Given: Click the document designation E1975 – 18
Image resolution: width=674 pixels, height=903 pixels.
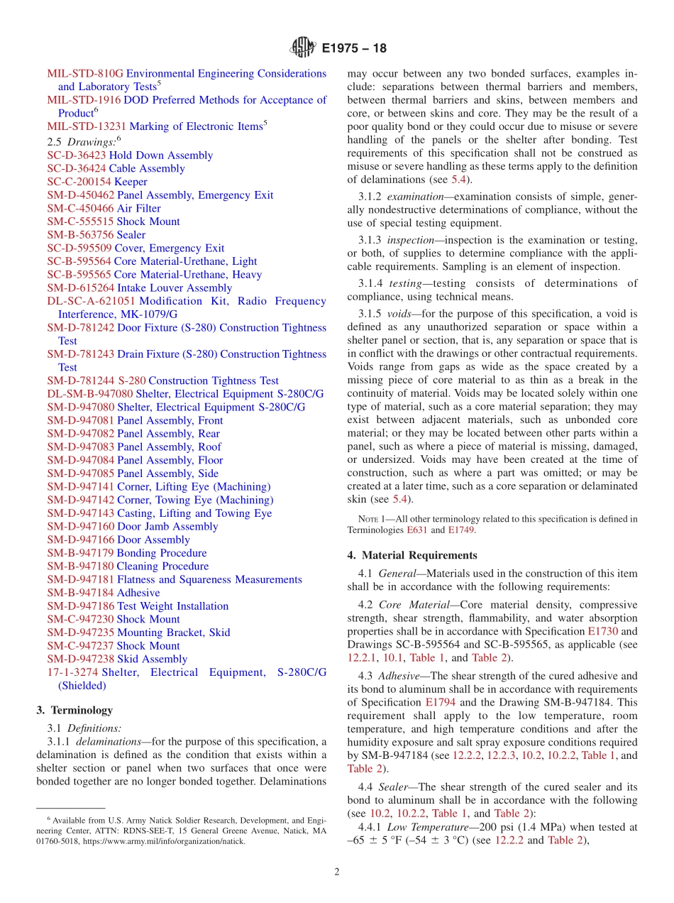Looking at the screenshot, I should coord(354,49).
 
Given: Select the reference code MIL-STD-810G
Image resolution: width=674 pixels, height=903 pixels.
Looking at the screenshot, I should coord(85,73).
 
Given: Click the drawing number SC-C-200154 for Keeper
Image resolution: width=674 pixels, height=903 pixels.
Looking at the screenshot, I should coord(79,182).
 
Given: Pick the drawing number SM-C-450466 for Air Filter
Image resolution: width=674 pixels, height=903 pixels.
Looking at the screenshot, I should coord(80,208).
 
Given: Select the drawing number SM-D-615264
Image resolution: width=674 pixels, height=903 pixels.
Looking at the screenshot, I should coord(80,288).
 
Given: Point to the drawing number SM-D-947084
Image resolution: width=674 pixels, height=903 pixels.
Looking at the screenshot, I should coord(80,460).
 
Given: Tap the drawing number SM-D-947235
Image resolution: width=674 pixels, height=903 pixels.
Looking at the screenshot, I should coord(80,633).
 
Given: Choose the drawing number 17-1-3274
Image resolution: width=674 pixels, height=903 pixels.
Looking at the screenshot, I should coord(73,672).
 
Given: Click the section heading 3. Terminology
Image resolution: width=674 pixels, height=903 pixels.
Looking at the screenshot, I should coord(74,711).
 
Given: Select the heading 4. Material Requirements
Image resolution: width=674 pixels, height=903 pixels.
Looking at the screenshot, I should coord(412,555).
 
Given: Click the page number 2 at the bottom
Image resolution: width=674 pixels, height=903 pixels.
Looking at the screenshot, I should coord(337,872).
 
